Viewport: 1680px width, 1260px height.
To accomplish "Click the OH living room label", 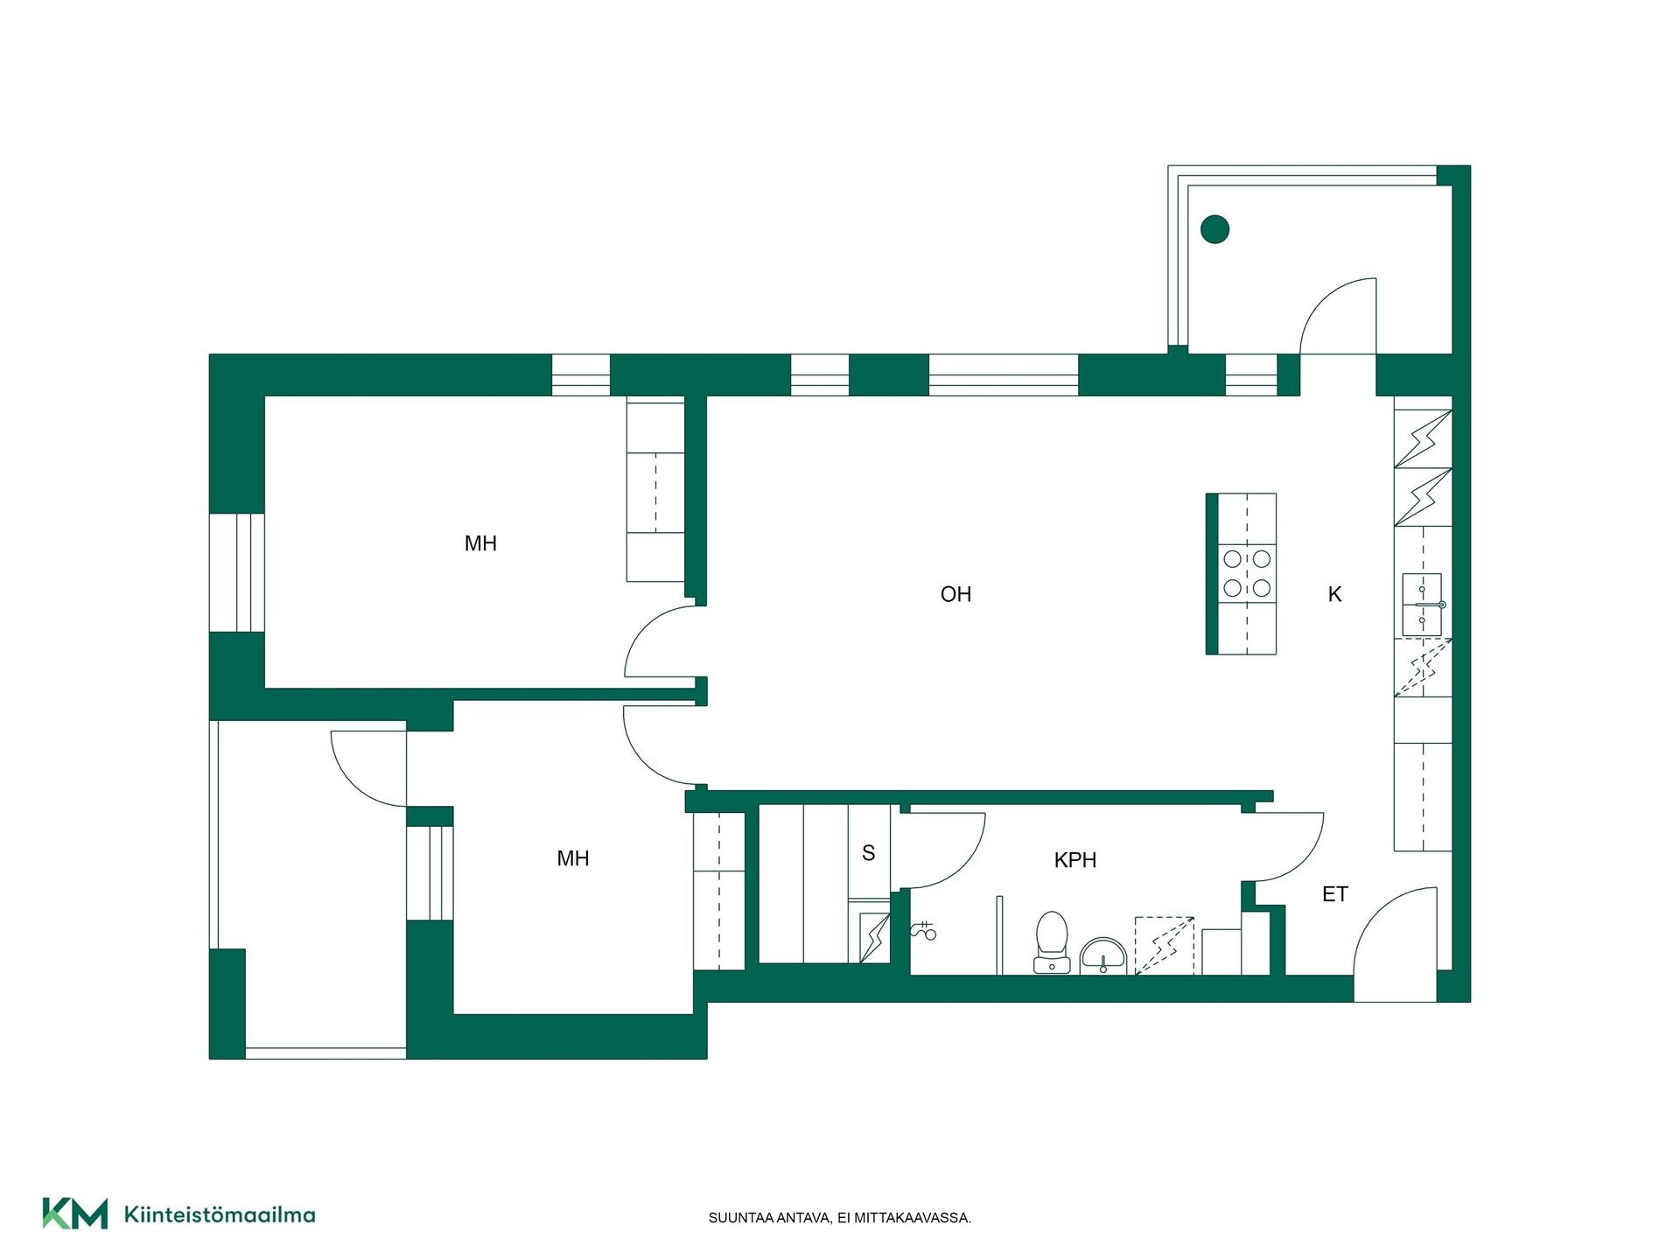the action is (955, 594).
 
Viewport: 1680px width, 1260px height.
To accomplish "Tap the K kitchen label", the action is (1334, 594).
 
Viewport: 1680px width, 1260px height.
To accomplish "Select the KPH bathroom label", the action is (1074, 860).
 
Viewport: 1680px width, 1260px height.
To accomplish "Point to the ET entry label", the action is (1334, 894).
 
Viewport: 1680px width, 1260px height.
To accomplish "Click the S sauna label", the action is (868, 853).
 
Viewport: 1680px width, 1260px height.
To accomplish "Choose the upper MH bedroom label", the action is (480, 543).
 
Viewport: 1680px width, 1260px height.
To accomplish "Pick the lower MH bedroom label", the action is (573, 858).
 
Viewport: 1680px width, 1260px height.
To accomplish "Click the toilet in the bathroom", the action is (1052, 942).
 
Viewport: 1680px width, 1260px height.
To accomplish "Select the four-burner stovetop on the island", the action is (1247, 573).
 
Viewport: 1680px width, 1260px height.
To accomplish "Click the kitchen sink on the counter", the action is (1423, 605).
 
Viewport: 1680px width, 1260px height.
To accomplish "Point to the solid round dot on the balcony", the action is (1214, 229).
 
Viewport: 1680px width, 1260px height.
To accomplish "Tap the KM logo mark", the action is (75, 1214).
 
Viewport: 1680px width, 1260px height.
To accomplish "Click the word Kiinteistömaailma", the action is (220, 1214).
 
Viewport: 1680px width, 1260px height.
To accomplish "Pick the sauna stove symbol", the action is (874, 936).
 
